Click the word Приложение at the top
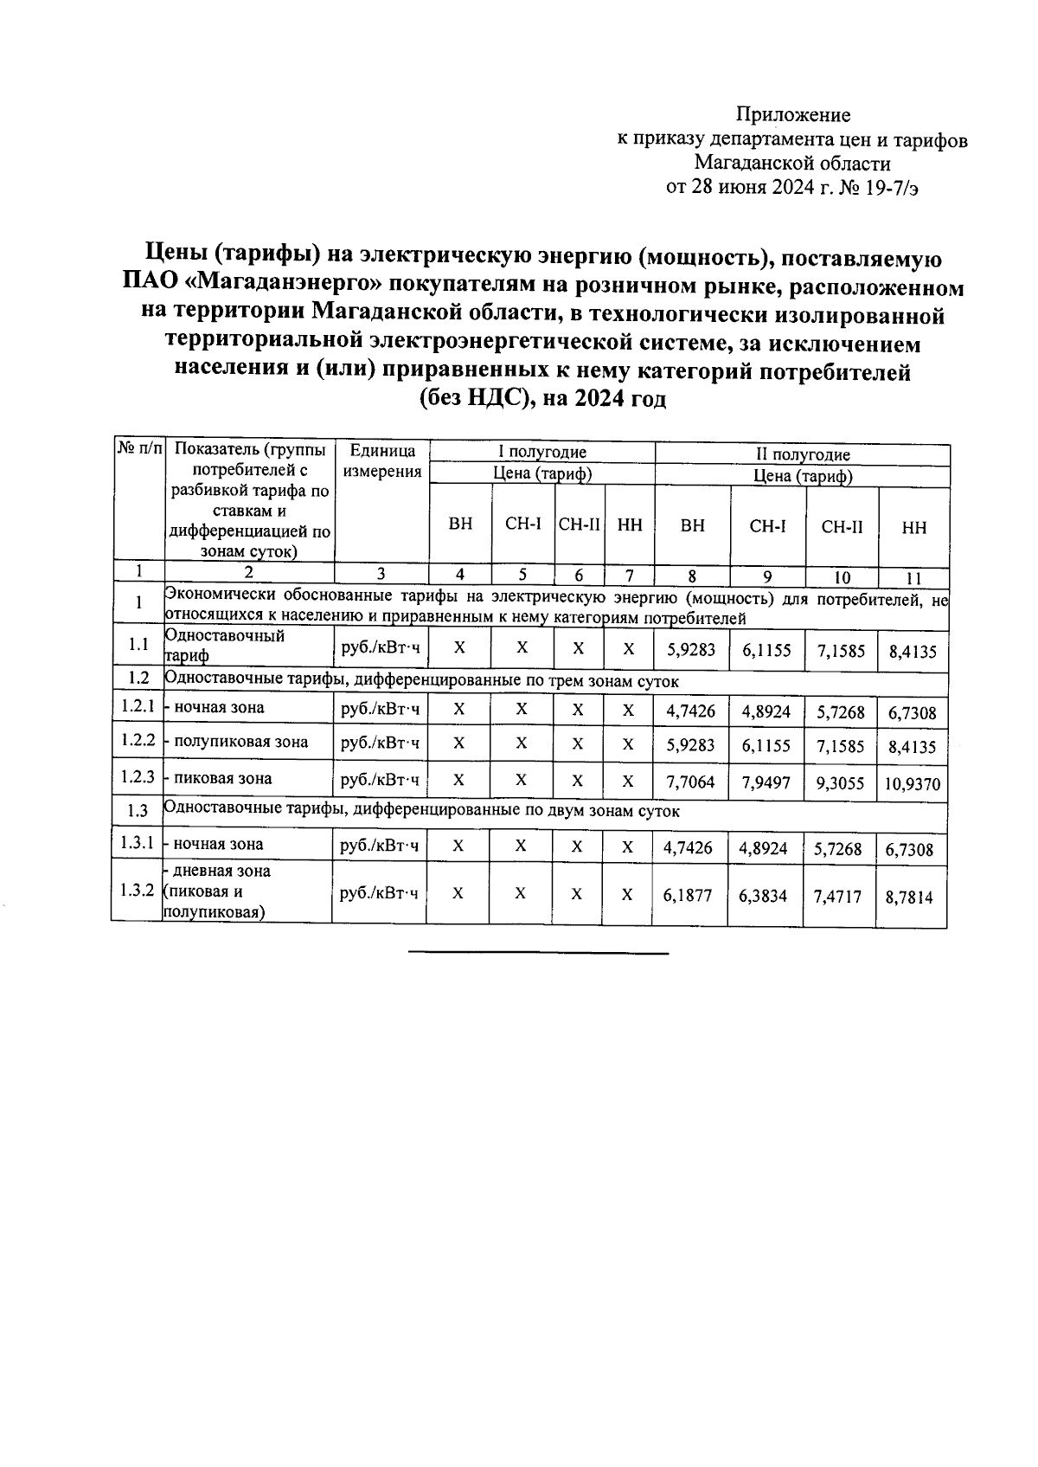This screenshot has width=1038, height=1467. (792, 115)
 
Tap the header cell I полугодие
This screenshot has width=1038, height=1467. (541, 452)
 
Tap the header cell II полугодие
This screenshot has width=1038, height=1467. (803, 454)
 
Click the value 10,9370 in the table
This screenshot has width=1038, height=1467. (913, 786)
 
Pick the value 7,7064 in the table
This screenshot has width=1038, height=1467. (689, 782)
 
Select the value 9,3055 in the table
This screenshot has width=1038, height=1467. (840, 783)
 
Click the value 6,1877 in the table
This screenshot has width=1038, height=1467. (689, 896)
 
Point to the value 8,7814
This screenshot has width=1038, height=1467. (909, 898)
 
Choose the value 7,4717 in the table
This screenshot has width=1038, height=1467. (837, 897)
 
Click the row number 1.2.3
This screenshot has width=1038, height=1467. (138, 777)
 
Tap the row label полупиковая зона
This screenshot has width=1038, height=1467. (240, 743)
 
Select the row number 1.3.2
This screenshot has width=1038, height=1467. (137, 891)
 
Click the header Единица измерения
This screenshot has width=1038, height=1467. (381, 461)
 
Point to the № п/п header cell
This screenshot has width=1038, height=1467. (139, 449)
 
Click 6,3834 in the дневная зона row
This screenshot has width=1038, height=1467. (763, 896)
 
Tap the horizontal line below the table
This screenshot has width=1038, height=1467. (537, 954)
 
